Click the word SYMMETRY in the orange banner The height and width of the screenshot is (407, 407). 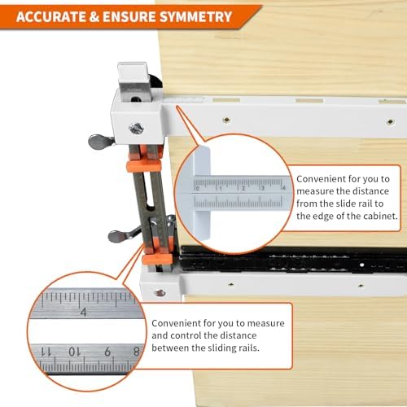click(195, 17)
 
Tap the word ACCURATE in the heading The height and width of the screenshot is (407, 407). click(50, 17)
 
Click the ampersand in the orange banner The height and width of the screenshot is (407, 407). click(94, 17)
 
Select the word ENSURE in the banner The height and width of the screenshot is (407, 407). click(129, 17)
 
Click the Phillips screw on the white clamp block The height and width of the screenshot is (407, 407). click(137, 129)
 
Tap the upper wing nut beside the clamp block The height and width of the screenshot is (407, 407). click(100, 141)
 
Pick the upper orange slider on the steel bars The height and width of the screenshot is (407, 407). click(143, 165)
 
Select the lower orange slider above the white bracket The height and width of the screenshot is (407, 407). click(157, 259)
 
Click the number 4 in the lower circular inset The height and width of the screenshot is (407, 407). click(84, 312)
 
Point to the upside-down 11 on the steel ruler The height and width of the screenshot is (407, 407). click(46, 352)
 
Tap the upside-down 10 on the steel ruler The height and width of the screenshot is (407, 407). click(74, 352)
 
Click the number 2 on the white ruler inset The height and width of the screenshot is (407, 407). click(243, 188)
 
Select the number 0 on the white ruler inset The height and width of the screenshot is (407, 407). click(198, 188)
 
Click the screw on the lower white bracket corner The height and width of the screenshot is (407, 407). click(160, 293)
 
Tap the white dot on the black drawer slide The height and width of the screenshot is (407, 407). click(361, 265)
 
